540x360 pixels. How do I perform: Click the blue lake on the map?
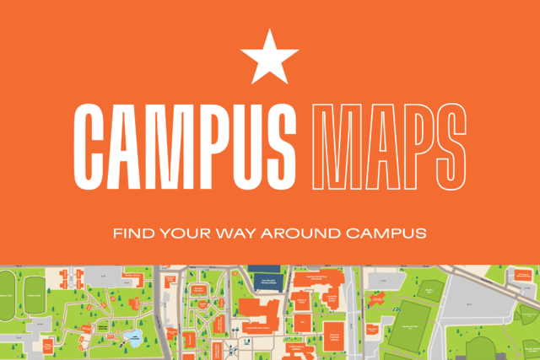pos(132,338)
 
